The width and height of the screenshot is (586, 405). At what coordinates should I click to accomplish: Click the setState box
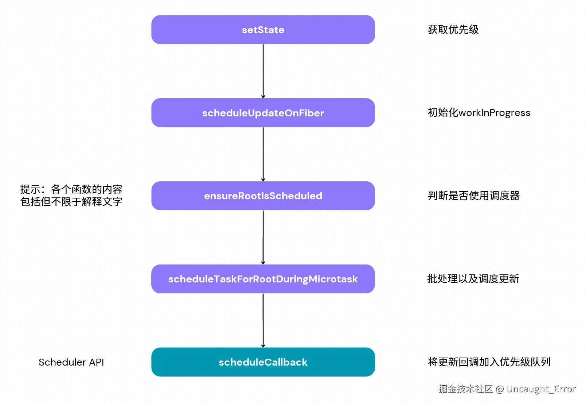263,30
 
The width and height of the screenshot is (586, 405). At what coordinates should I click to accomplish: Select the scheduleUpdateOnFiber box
263,113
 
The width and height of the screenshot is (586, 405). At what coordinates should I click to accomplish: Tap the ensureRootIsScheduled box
263,196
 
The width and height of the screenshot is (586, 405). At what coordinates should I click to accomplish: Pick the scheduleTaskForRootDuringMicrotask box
263,279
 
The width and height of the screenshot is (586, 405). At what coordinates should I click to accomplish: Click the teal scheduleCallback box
263,362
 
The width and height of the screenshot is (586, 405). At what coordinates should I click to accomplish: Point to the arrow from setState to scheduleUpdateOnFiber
263,71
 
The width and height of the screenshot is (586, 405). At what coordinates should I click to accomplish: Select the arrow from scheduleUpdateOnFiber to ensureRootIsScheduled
263,154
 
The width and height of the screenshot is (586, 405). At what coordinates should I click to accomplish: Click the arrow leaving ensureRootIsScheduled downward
263,237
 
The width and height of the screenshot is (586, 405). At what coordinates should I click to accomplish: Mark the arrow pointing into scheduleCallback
263,320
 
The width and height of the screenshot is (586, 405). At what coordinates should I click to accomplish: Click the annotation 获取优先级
453,30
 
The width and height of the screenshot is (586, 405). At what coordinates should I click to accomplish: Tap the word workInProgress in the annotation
494,113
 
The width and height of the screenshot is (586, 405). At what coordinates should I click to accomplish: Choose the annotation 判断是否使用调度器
473,196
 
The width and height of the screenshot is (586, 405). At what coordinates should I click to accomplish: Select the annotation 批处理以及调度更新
473,279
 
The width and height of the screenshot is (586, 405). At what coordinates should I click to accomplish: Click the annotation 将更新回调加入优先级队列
489,362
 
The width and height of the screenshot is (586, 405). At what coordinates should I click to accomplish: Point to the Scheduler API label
71,362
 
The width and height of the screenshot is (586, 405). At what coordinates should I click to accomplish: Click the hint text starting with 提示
71,189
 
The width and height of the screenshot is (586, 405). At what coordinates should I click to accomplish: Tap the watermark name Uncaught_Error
541,389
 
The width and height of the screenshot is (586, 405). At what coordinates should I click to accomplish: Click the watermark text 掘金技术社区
465,389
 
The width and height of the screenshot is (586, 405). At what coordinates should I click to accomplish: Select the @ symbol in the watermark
500,389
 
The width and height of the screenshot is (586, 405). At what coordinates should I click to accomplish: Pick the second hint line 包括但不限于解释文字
71,202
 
